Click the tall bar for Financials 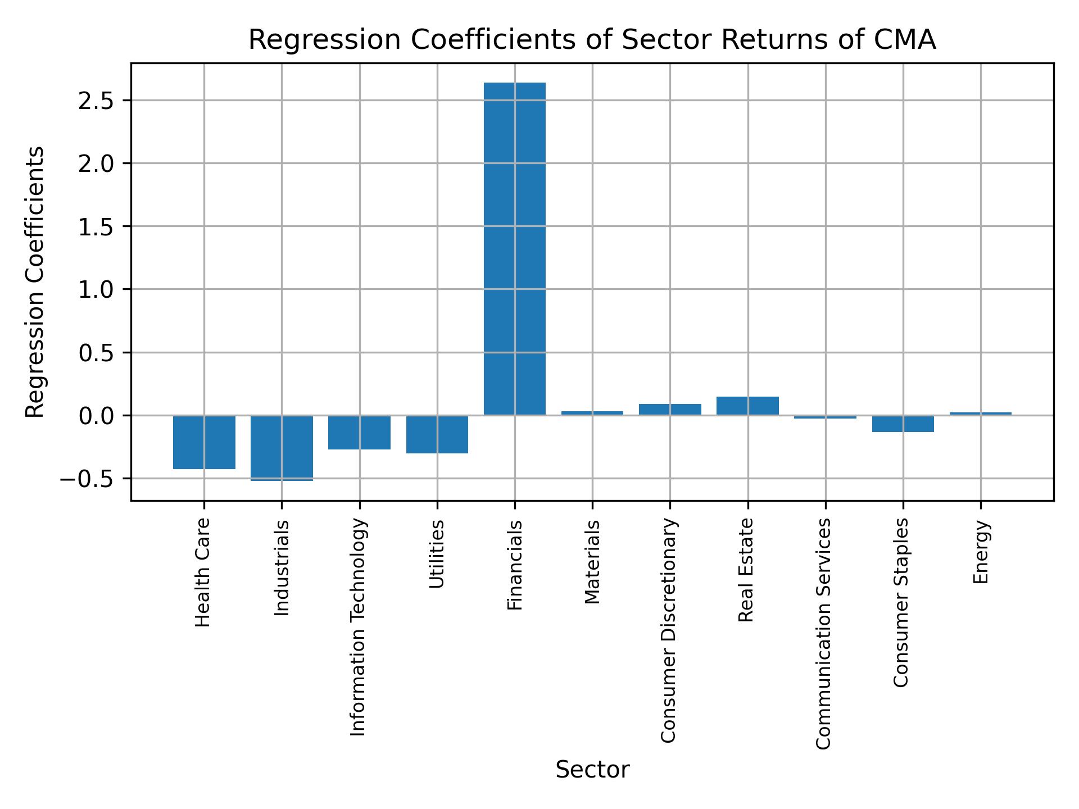[x=514, y=249]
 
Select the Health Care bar [x=204, y=442]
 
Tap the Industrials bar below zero [x=282, y=448]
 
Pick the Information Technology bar [x=359, y=432]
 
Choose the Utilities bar [x=437, y=434]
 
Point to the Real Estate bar [x=747, y=406]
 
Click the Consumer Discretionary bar [x=670, y=410]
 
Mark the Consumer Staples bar [x=903, y=424]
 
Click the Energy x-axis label [x=981, y=552]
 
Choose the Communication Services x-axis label [x=823, y=633]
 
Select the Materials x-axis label [x=592, y=562]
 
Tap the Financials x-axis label [x=515, y=565]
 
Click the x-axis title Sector [x=592, y=770]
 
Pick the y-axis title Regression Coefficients [x=35, y=282]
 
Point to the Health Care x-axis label [x=203, y=572]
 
